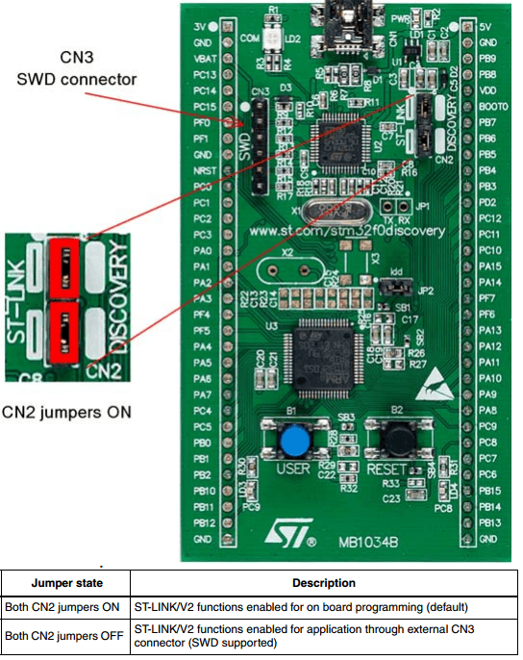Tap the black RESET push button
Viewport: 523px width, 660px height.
[394, 443]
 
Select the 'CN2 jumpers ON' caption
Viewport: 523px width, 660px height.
[66, 412]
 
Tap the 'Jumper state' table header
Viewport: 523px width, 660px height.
[66, 583]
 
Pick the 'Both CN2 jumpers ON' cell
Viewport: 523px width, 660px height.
[63, 607]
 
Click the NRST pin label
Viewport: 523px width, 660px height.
[204, 170]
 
